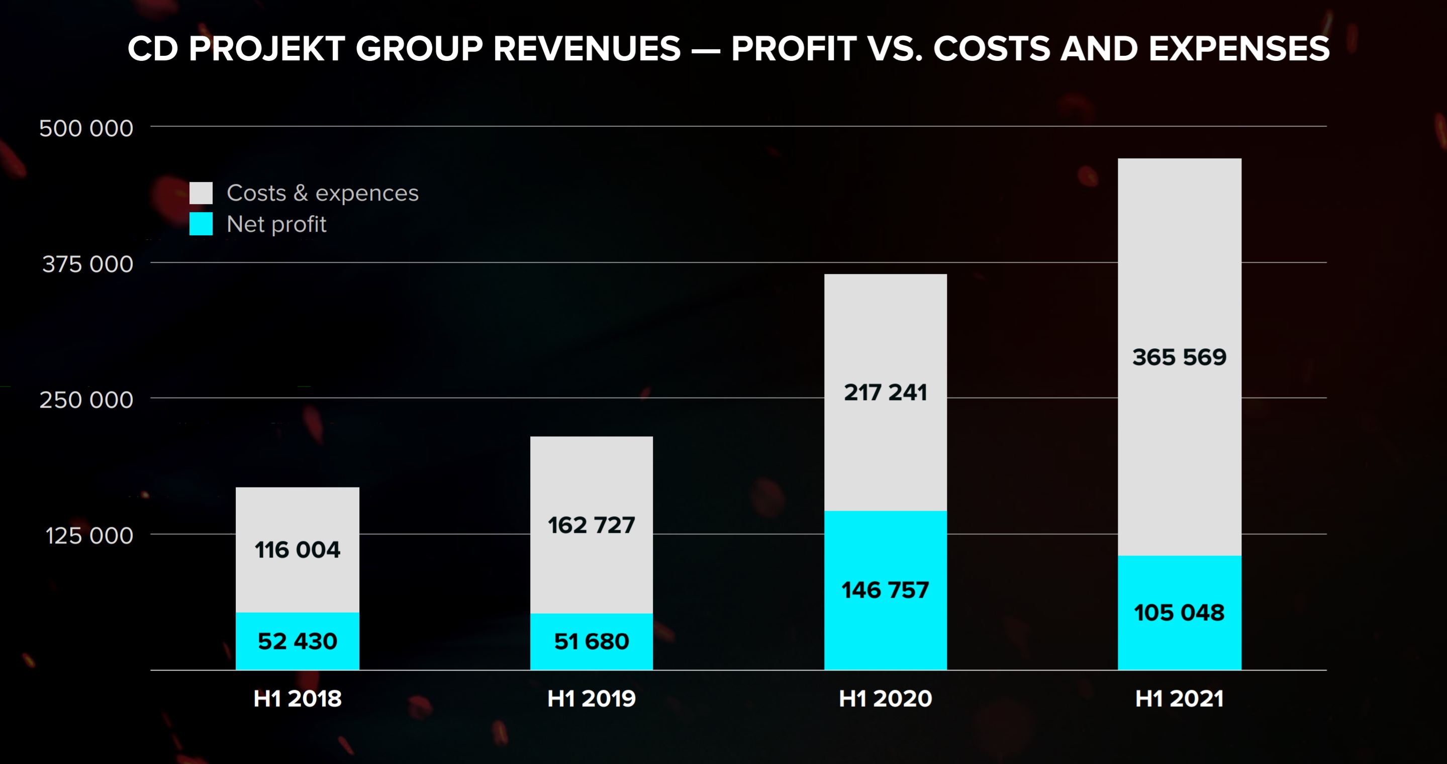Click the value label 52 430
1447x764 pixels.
[297, 641]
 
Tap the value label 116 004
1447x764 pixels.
[297, 549]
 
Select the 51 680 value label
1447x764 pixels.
[591, 641]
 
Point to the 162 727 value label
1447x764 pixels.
[591, 525]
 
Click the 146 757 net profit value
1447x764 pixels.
[885, 590]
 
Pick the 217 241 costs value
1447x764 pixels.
[885, 392]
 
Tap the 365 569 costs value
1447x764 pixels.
[1179, 357]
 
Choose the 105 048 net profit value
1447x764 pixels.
[1179, 612]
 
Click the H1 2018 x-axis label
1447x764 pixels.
[297, 698]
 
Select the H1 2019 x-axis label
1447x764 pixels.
[591, 698]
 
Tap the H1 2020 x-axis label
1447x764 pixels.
[885, 698]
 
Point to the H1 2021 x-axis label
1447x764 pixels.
[1179, 698]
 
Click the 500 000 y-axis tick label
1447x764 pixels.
[86, 128]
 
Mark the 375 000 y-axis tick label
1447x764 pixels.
[87, 264]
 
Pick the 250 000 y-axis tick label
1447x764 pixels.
[86, 400]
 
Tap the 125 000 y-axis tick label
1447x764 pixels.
[89, 535]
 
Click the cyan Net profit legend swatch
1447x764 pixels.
[201, 224]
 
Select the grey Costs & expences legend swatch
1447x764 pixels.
[201, 193]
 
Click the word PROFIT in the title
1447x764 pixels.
[794, 48]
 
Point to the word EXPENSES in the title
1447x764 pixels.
[1238, 48]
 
